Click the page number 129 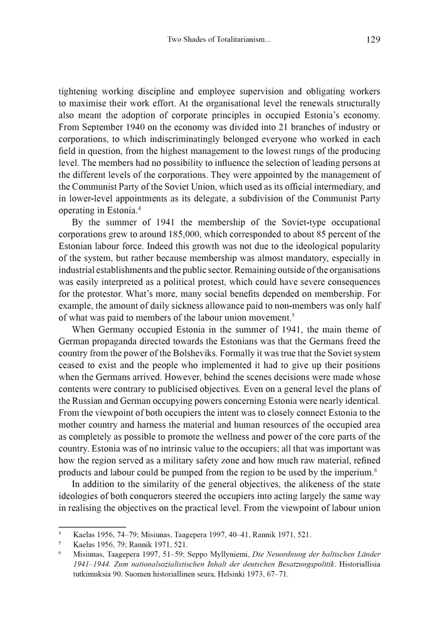point(373,39)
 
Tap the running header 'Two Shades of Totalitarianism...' point(219,40)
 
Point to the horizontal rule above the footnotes point(93,527)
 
